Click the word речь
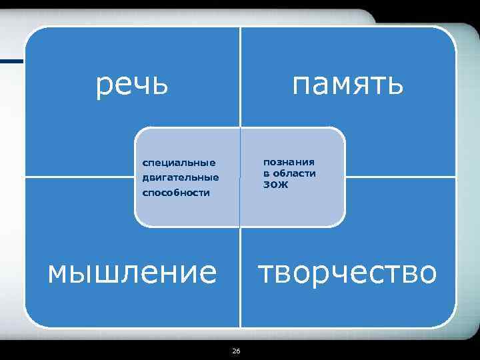point(132,85)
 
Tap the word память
point(347,85)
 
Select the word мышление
point(132,273)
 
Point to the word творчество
point(347,273)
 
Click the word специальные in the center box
point(179,162)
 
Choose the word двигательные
point(180,177)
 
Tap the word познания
point(289,161)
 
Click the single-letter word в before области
point(267,173)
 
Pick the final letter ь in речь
point(159,85)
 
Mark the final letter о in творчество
point(427,273)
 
